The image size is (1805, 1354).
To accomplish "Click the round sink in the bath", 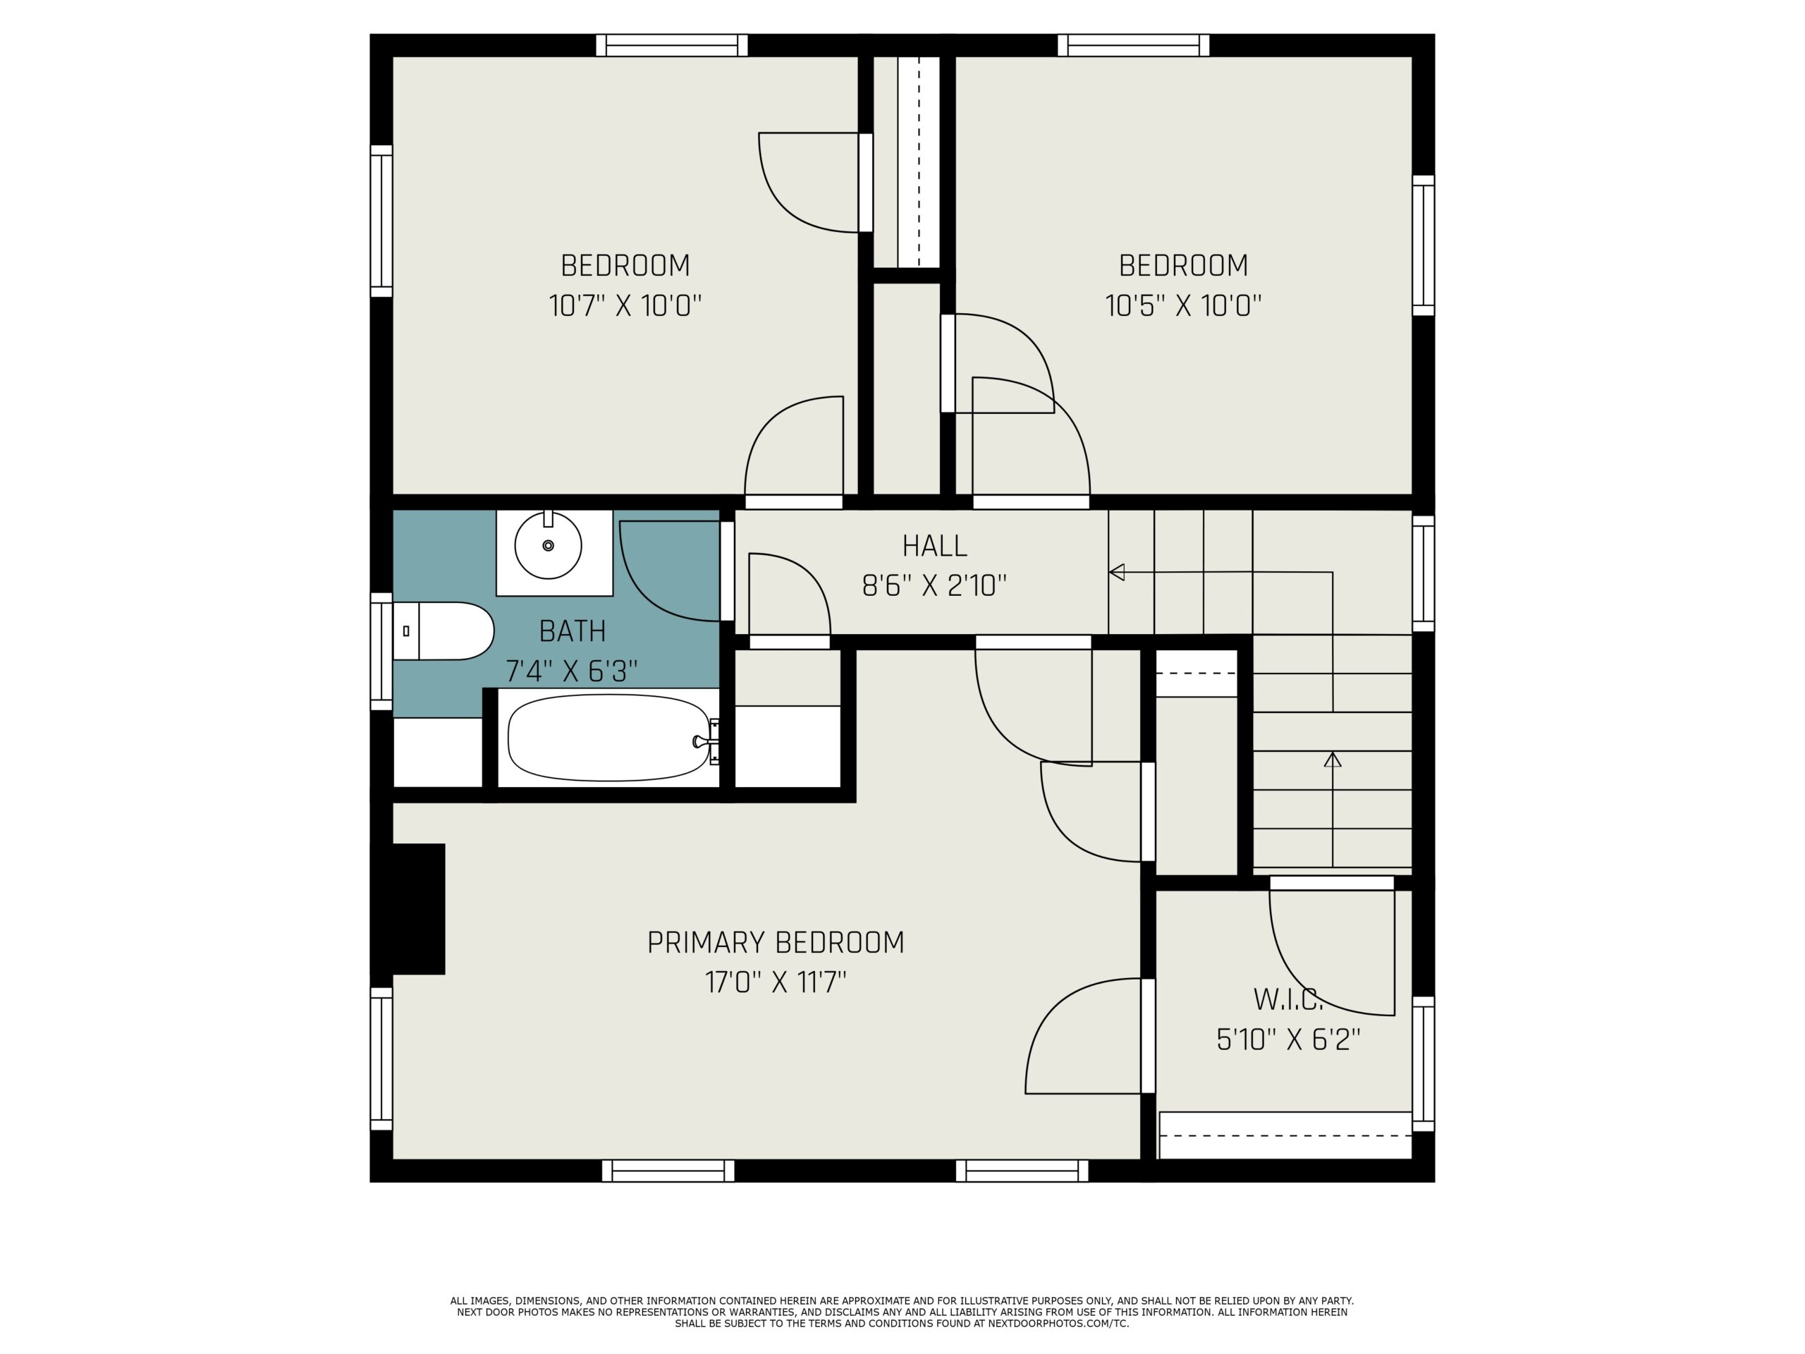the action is [548, 545].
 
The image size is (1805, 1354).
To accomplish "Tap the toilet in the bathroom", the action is [443, 631].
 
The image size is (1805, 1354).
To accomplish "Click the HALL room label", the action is [934, 545].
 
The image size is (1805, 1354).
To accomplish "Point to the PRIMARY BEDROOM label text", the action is [775, 943].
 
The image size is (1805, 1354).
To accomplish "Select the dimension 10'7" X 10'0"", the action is [625, 306].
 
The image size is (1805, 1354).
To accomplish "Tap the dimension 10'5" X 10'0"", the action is [1183, 306].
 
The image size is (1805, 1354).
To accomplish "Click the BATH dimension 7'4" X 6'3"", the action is [571, 671].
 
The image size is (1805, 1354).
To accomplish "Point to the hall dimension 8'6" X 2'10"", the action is [934, 585].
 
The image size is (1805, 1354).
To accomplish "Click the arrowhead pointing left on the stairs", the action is [1116, 572].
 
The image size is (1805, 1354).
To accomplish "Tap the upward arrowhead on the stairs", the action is [1333, 759].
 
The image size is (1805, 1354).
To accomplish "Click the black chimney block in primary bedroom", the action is [418, 908].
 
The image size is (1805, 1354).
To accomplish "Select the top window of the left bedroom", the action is [671, 45].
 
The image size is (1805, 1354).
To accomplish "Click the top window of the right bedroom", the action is [1134, 45].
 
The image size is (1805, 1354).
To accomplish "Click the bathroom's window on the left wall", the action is [381, 652].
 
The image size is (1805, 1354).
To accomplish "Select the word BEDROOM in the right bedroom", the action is [1183, 265].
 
